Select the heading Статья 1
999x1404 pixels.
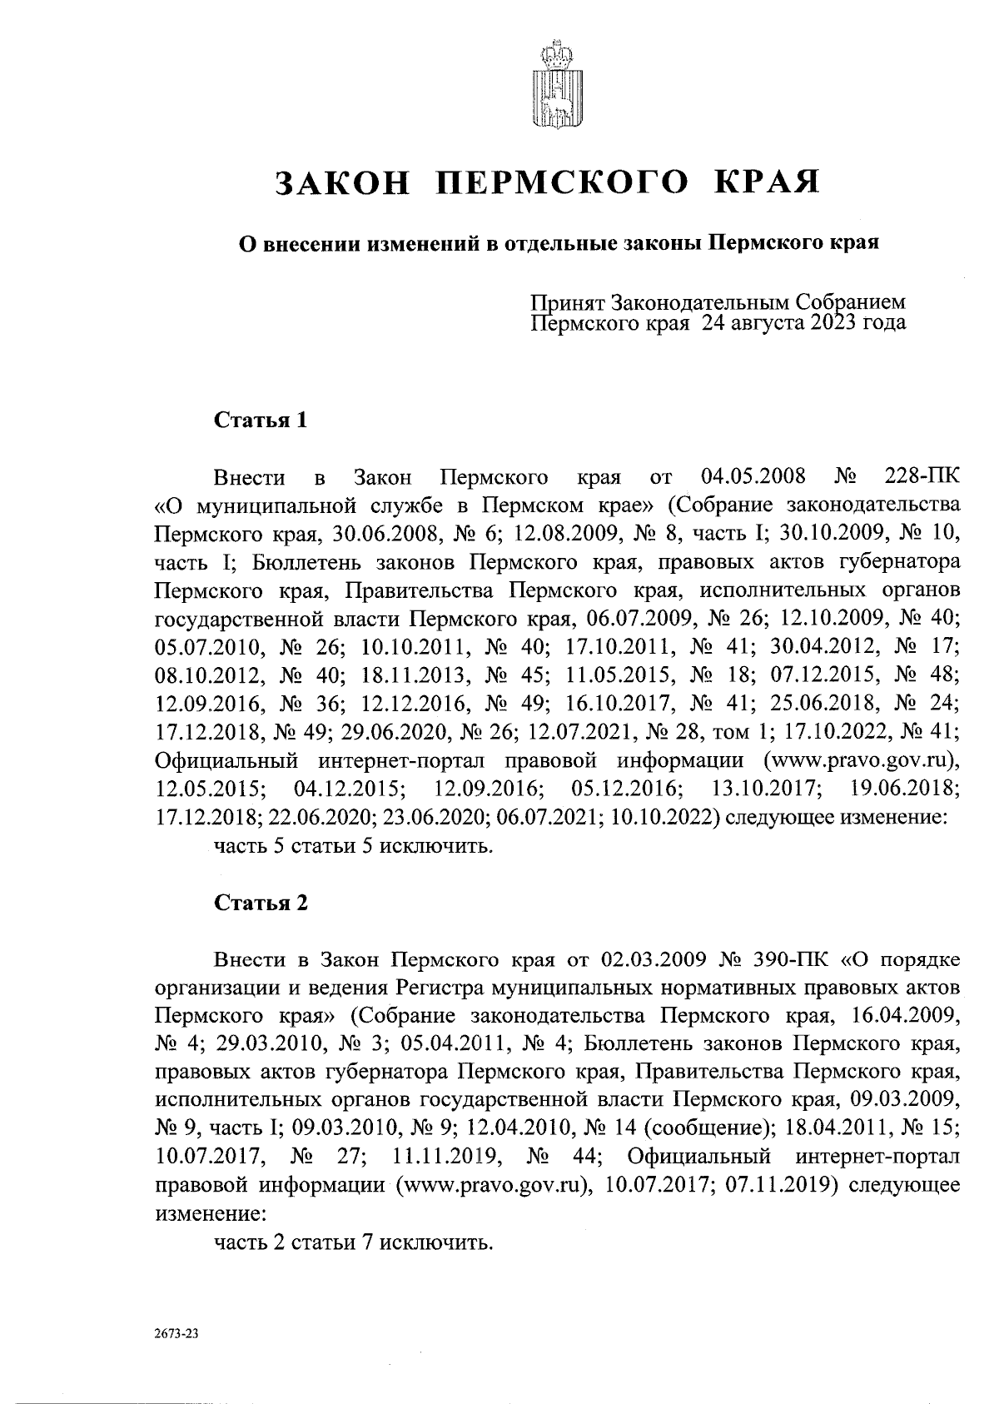pyautogui.click(x=261, y=421)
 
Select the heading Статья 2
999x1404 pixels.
pyautogui.click(x=261, y=903)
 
